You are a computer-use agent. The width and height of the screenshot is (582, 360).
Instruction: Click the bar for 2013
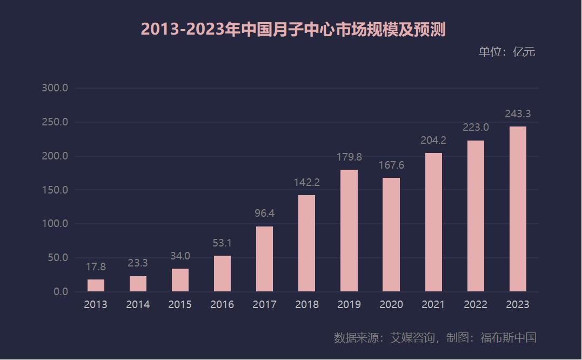[x=96, y=285]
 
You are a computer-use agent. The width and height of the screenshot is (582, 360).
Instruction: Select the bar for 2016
[x=222, y=274]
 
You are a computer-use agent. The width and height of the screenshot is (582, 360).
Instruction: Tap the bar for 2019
[x=349, y=231]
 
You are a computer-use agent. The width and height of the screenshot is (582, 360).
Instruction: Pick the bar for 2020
[x=391, y=235]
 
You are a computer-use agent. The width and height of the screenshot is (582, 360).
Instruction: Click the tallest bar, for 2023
[x=518, y=209]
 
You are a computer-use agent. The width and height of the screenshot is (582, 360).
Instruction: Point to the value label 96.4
[x=264, y=214]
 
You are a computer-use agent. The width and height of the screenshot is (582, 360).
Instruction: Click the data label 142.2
[x=307, y=183]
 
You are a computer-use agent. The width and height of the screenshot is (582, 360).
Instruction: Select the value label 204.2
[x=433, y=141]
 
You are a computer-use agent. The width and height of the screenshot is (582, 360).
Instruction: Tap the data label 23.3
[x=138, y=263]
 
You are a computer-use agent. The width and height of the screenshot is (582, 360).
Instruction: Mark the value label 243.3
[x=518, y=114]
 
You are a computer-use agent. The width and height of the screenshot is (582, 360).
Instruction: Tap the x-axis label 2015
[x=180, y=305]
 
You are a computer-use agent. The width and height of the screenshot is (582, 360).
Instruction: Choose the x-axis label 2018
[x=307, y=305]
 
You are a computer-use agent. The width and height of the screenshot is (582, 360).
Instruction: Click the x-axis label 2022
[x=476, y=305]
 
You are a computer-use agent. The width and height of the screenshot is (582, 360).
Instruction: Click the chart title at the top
[x=293, y=30]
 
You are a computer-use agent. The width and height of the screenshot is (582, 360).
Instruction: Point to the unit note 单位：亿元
[x=506, y=52]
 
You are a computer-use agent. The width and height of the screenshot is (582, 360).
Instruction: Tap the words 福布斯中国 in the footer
[x=508, y=338]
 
